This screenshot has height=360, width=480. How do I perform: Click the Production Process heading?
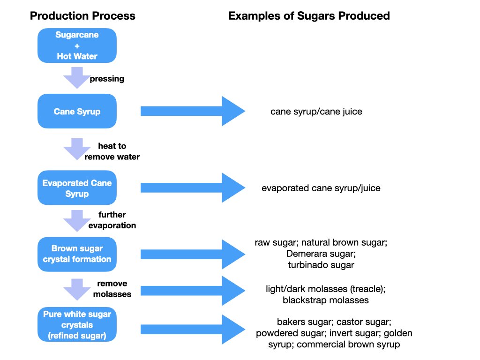click(82, 16)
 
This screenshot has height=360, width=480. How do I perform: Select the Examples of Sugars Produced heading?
click(309, 16)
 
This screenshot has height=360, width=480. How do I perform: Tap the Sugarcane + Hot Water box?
click(77, 45)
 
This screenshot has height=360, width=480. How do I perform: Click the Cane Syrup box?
click(77, 112)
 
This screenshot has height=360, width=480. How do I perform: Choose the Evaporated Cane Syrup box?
click(77, 188)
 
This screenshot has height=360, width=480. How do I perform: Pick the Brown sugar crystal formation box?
click(77, 254)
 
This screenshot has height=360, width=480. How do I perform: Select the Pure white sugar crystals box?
click(77, 324)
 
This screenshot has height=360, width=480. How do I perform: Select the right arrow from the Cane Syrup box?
click(193, 111)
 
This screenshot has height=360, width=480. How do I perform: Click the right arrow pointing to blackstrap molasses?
click(193, 292)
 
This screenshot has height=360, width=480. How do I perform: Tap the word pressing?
click(107, 79)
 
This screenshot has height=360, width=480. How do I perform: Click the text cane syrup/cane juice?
click(316, 112)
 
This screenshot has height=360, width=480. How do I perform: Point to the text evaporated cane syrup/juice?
click(321, 188)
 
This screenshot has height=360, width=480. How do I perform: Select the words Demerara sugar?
click(321, 254)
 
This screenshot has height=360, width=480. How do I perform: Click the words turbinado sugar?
click(321, 265)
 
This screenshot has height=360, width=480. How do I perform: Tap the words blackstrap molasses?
click(326, 300)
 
